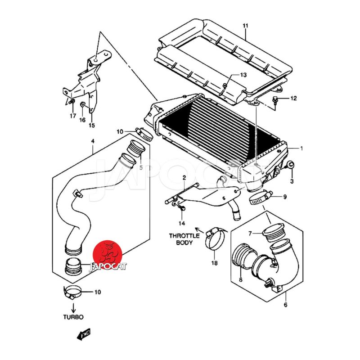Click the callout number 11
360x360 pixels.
pyautogui.click(x=245, y=26)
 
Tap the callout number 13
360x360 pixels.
pyautogui.click(x=243, y=75)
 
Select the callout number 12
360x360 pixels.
pyautogui.click(x=293, y=98)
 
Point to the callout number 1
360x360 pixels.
pyautogui.click(x=301, y=148)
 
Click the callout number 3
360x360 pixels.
pyautogui.click(x=292, y=181)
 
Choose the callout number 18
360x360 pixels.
pyautogui.click(x=214, y=263)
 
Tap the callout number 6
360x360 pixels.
pyautogui.click(x=285, y=305)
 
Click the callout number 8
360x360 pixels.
pyautogui.click(x=240, y=279)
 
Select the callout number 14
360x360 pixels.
pyautogui.click(x=182, y=223)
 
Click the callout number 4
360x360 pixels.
pyautogui.click(x=92, y=141)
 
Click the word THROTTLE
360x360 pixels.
pyautogui.click(x=184, y=236)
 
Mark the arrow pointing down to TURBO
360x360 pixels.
pyautogui.click(x=72, y=306)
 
